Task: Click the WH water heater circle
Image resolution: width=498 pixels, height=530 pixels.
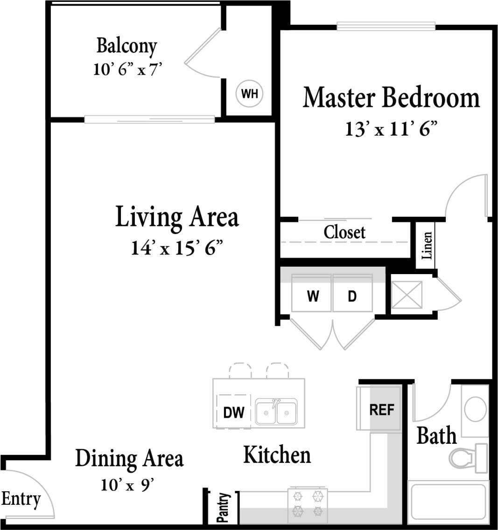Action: (250, 94)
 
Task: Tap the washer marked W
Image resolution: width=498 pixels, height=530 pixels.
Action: (312, 296)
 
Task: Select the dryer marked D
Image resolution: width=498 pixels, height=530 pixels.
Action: (352, 296)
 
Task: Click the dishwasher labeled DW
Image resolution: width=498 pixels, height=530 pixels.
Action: (233, 412)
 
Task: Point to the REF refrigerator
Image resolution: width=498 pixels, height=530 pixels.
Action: (381, 410)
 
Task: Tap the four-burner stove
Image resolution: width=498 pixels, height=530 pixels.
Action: (307, 504)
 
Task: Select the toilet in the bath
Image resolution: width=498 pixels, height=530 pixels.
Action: (467, 457)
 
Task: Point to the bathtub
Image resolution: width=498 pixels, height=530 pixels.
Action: (448, 504)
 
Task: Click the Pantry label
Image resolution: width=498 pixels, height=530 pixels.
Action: (224, 508)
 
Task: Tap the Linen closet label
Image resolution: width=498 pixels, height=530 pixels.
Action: (426, 245)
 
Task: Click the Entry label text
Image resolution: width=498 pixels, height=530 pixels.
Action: (21, 499)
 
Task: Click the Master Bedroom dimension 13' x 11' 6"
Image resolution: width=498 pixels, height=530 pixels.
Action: (391, 129)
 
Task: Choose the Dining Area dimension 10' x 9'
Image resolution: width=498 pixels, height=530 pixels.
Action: (127, 485)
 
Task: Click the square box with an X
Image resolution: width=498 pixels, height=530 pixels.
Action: (406, 295)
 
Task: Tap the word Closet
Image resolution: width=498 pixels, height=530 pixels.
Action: (344, 232)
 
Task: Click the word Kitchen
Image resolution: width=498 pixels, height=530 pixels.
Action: (277, 454)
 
